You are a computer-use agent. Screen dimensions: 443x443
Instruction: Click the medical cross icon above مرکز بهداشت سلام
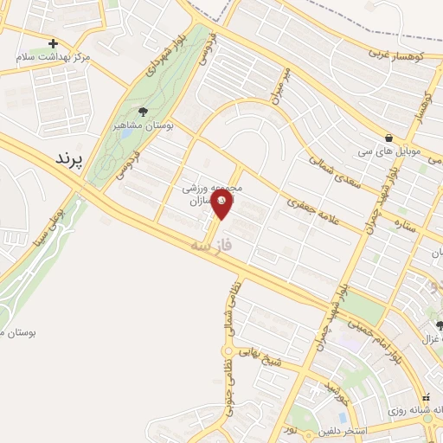[x=54, y=43]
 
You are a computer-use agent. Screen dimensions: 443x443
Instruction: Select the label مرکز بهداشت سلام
[x=54, y=57]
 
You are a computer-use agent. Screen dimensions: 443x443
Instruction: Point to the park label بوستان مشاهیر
[x=144, y=125]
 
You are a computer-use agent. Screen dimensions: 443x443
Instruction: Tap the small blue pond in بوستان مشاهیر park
[x=126, y=132]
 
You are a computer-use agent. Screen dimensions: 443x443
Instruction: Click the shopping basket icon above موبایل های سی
[x=389, y=138]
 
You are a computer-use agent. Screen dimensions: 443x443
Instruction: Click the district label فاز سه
[x=214, y=246]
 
